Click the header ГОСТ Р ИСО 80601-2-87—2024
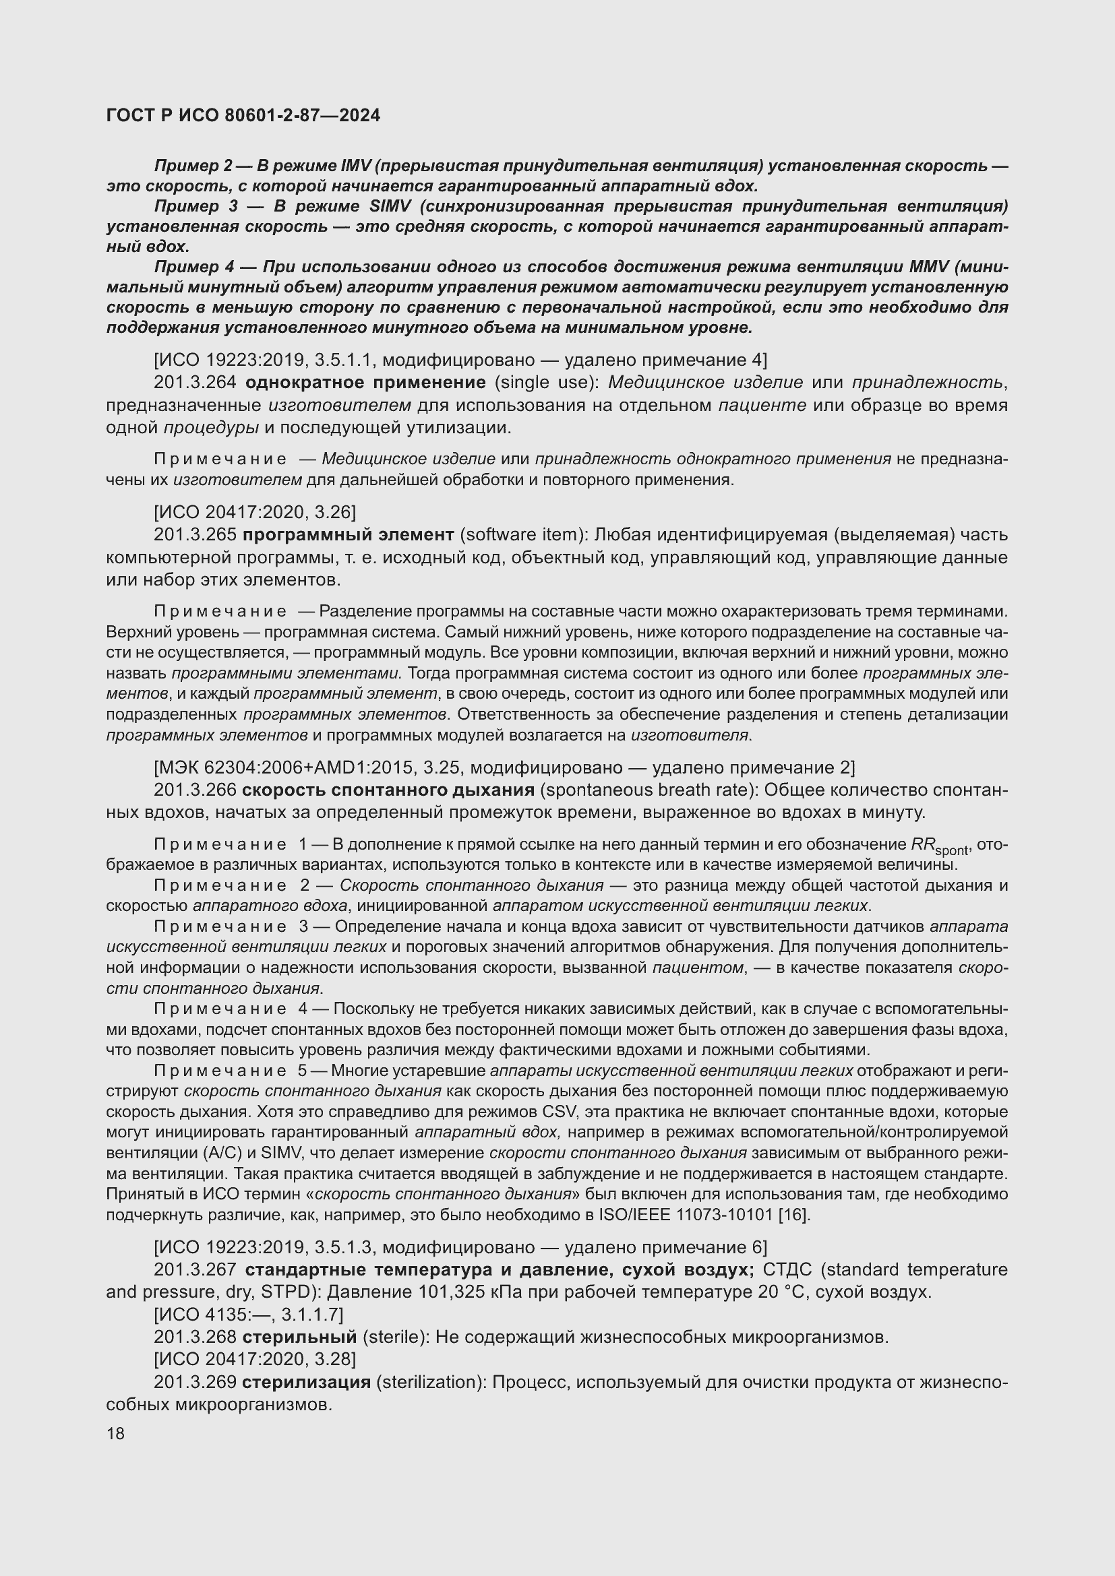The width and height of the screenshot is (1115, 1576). point(243,115)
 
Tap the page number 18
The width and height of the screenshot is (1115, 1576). point(115,1433)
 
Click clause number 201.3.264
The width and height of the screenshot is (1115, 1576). point(195,381)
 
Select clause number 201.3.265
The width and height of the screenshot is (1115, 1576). point(195,534)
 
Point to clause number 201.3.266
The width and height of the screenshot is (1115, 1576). point(195,790)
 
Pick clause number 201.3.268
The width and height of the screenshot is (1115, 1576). point(195,1336)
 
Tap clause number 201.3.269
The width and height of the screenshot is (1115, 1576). point(195,1382)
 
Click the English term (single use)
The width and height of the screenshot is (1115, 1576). point(547,381)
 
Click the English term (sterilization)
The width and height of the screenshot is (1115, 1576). point(431,1382)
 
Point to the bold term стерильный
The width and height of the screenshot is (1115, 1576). point(299,1336)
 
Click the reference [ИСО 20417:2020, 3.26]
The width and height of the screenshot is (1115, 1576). point(255,511)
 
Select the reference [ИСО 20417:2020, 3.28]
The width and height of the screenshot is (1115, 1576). point(255,1359)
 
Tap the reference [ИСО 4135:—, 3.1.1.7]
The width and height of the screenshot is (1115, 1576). point(249,1315)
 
